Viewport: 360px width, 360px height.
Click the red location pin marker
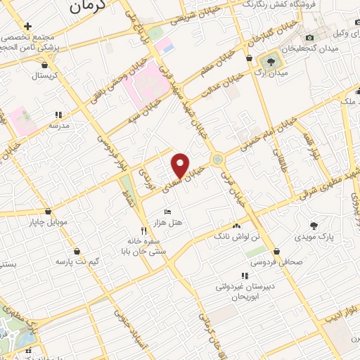pos(181,165)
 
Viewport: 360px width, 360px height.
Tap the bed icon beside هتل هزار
pos(167,211)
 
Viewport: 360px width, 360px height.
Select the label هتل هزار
pos(172,222)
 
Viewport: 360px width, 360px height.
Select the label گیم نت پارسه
pos(77,262)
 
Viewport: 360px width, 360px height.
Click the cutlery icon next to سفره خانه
pos(143,230)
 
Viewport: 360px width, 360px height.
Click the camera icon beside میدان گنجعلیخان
pos(310,37)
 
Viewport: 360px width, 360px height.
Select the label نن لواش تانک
pos(236,238)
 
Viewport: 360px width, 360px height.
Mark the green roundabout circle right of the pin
pos(219,160)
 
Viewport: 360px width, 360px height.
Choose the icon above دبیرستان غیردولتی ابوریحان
pos(244,276)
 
